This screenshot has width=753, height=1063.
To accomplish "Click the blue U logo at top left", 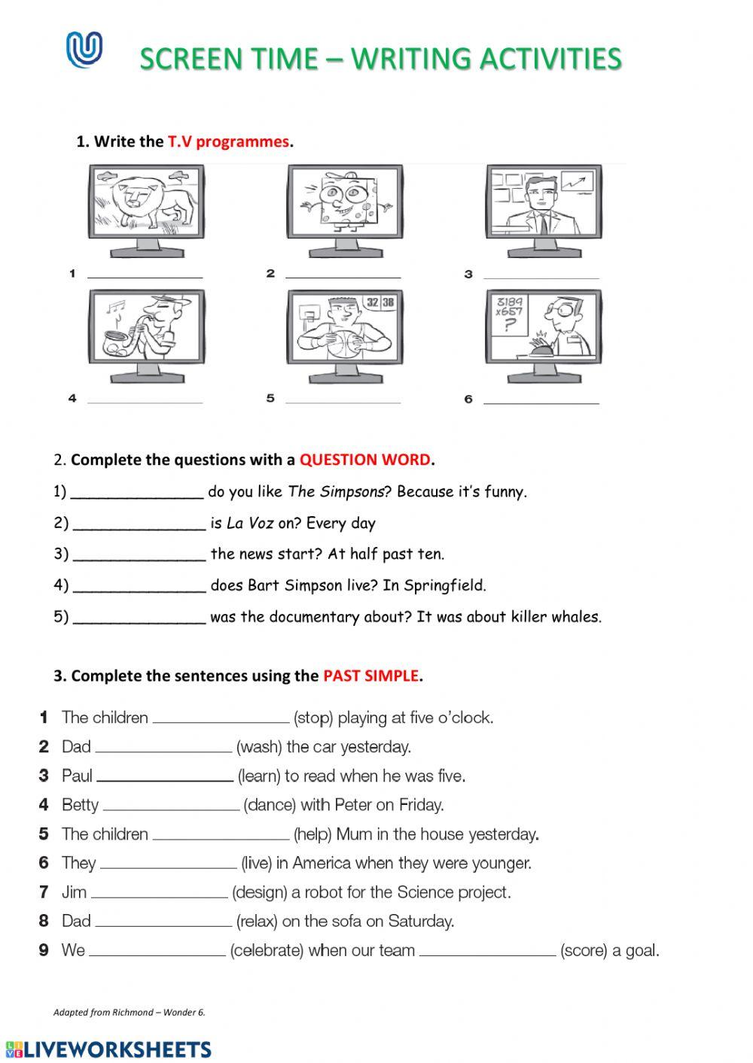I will pyautogui.click(x=84, y=50).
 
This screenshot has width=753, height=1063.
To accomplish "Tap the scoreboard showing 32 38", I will pyautogui.click(x=380, y=302).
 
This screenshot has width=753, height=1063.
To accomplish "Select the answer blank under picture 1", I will pyautogui.click(x=145, y=275).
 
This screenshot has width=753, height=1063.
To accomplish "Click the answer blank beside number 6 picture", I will pyautogui.click(x=541, y=400).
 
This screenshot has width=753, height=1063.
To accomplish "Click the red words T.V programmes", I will pyautogui.click(x=228, y=141).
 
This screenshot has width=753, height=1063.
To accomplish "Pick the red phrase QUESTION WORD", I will pyautogui.click(x=365, y=460).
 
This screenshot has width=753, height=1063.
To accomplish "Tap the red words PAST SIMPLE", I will pyautogui.click(x=370, y=676).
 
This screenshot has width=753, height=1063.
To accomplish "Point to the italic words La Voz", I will pyautogui.click(x=250, y=524).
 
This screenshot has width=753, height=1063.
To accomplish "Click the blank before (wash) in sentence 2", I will pyautogui.click(x=163, y=748).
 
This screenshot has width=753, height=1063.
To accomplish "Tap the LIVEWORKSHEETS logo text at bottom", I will pyautogui.click(x=109, y=1049).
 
